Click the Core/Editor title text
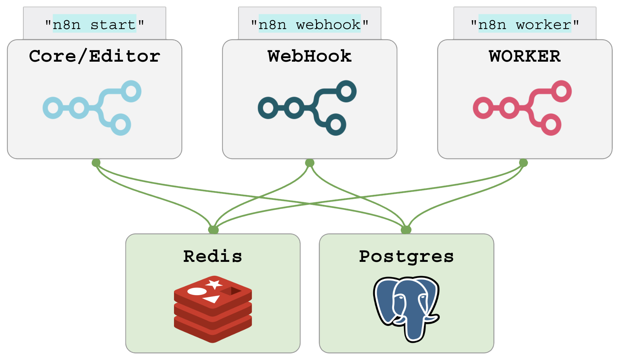pos(95,56)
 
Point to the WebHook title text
pos(310,56)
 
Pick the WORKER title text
pos(525,56)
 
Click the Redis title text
pos(213,256)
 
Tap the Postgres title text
pos(406,256)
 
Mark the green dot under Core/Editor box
pos(96,163)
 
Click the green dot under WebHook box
pos(310,163)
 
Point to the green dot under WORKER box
pos(523,163)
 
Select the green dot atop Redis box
pos(213,230)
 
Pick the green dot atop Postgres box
pos(406,230)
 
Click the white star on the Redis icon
pos(214,284)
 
